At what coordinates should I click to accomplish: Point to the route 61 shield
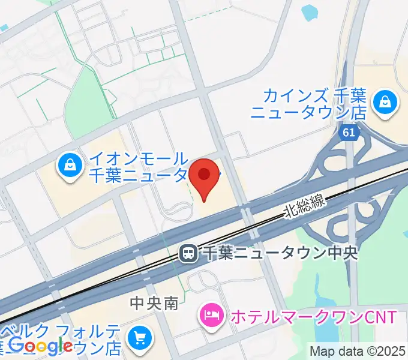point(349,132)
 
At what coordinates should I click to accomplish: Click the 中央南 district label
point(154,304)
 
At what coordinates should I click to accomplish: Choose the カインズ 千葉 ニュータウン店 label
point(308,103)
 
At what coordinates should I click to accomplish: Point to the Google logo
point(40,345)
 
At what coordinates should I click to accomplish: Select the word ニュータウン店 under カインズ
point(308,111)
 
